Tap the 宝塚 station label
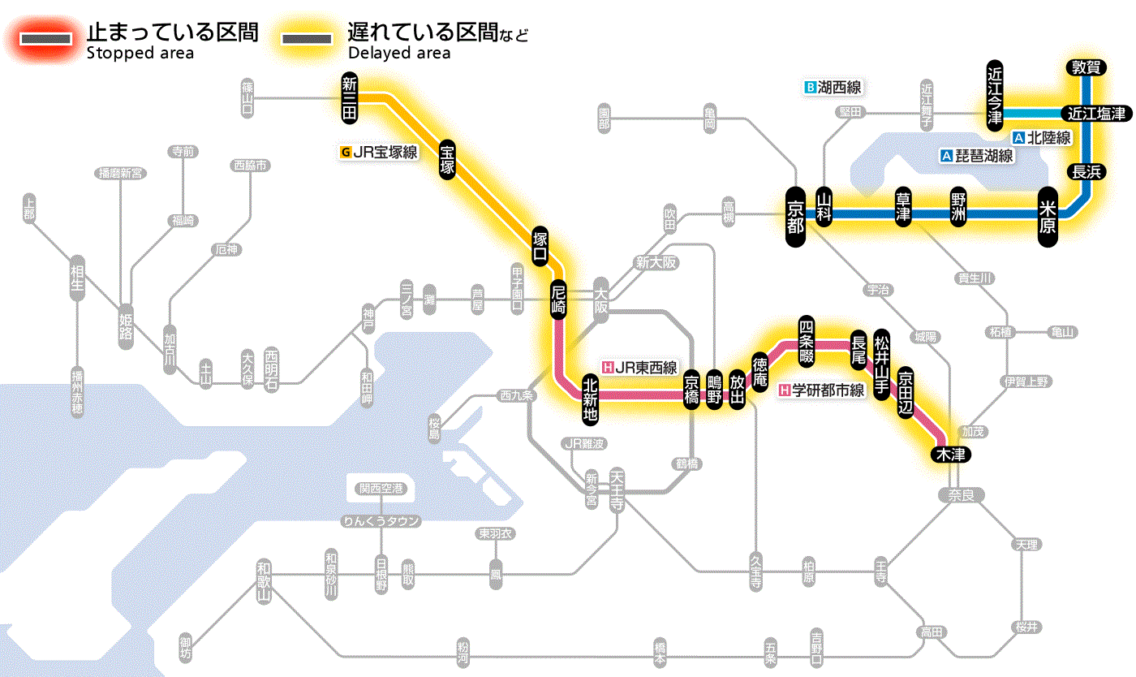(x=447, y=159)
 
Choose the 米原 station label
(x=1048, y=215)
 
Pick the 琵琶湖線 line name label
(x=977, y=155)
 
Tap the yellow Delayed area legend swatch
(x=306, y=39)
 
